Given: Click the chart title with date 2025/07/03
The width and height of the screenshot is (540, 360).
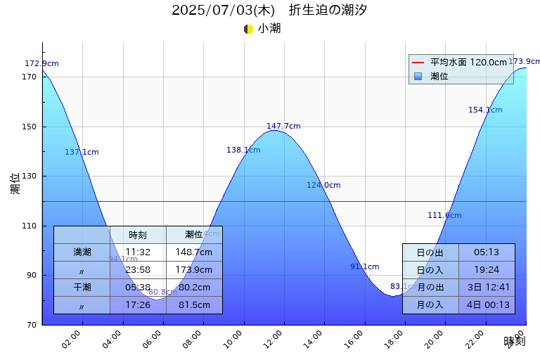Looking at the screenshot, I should [269, 11].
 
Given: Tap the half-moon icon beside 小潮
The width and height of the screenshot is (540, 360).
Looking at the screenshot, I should [248, 29].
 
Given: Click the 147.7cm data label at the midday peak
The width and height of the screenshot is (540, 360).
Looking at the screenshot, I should [283, 127].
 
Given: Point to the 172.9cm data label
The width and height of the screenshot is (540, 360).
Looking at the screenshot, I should [41, 64].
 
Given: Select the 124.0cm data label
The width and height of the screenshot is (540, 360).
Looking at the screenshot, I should [323, 186].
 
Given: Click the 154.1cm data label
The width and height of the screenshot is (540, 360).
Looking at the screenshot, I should [485, 110].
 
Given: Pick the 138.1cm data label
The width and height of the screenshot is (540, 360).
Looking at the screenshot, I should [243, 150].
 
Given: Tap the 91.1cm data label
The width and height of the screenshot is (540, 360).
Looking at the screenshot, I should [364, 267].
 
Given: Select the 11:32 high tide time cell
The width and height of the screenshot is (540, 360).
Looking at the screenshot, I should [138, 252].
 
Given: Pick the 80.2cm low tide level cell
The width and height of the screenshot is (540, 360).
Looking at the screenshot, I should [194, 288].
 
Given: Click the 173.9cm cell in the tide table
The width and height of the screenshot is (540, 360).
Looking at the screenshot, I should [194, 270].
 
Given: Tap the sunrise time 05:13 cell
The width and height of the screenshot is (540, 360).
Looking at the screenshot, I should [487, 252].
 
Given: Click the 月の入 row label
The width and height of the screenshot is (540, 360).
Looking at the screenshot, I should [430, 305].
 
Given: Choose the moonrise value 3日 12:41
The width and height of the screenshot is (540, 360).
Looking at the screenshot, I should [487, 288].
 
